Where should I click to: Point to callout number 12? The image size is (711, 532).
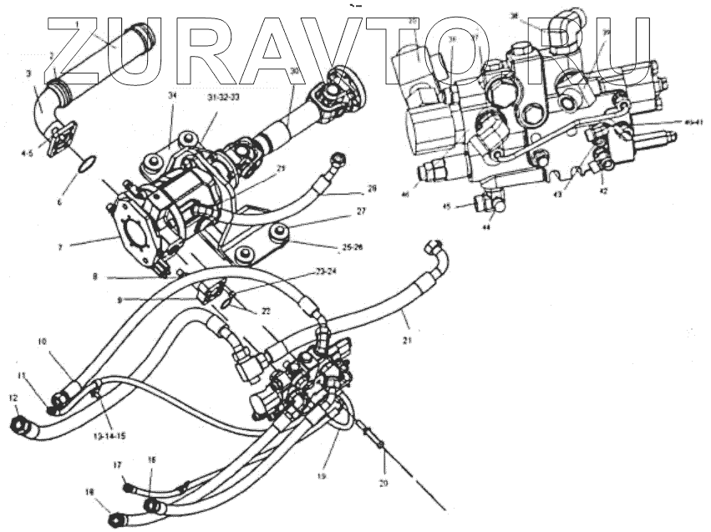(x=13, y=398)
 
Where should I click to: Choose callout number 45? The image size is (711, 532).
(x=447, y=206)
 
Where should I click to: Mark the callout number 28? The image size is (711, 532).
(x=372, y=189)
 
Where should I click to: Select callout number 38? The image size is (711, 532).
(x=514, y=16)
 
